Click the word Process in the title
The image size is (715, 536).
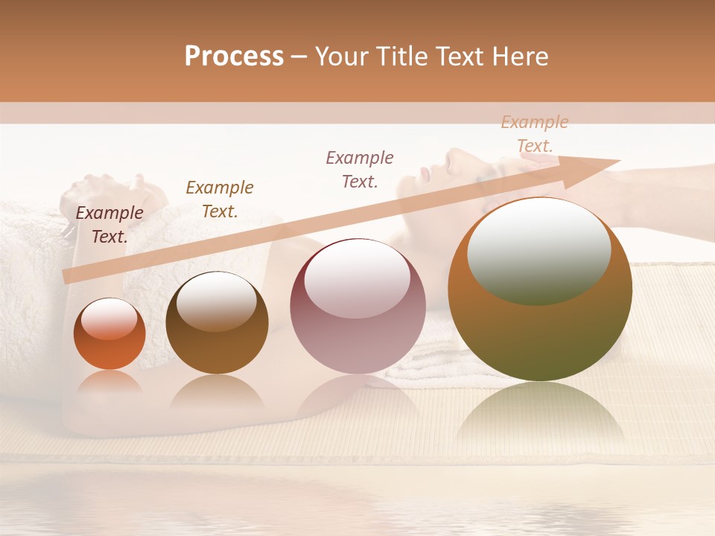point(234,57)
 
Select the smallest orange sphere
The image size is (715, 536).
point(109,334)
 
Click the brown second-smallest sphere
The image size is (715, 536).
point(217,323)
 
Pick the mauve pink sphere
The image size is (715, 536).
point(357,307)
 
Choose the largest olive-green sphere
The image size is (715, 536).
point(540,290)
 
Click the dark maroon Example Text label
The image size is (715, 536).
point(109,225)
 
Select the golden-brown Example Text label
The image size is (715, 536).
point(220,200)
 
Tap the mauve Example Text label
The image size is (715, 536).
point(360,169)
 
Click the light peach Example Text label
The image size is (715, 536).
point(535,134)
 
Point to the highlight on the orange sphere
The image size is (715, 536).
point(109,319)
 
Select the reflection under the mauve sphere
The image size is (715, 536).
point(357,395)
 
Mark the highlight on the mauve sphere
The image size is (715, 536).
point(357,279)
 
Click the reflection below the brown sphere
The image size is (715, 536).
point(217,392)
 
